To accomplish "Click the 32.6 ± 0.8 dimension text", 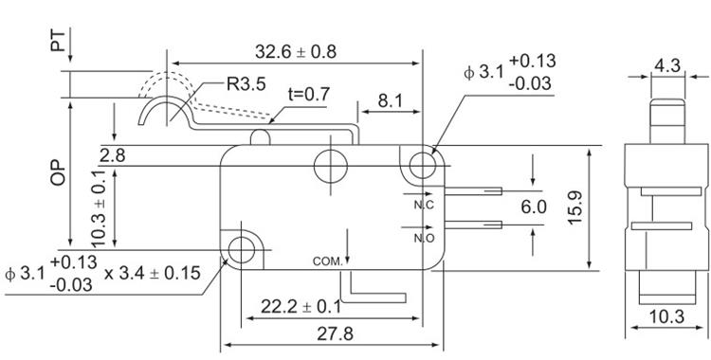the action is (296, 52).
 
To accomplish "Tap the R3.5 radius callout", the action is (246, 84).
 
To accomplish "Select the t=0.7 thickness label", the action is (309, 95).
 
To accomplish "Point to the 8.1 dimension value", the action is (390, 100).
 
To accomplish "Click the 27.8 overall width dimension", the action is (335, 334).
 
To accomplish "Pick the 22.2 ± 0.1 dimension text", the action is (301, 307).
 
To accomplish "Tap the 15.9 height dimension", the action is (575, 207).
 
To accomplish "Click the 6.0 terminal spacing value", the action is (534, 207).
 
